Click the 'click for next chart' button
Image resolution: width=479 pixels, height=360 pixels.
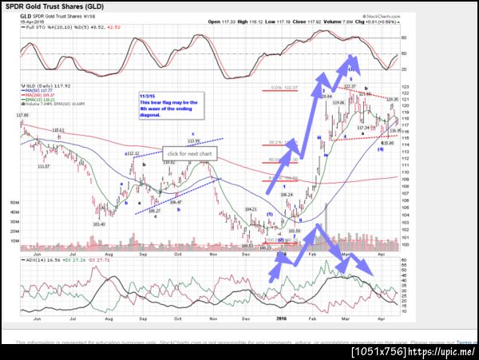188,152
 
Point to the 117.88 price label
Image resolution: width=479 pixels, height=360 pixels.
22,117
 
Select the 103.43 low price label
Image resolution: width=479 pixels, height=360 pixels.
100,224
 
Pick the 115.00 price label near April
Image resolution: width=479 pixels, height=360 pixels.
386,143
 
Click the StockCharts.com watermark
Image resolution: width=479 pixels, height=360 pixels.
380,14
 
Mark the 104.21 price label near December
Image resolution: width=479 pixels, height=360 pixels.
251,208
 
